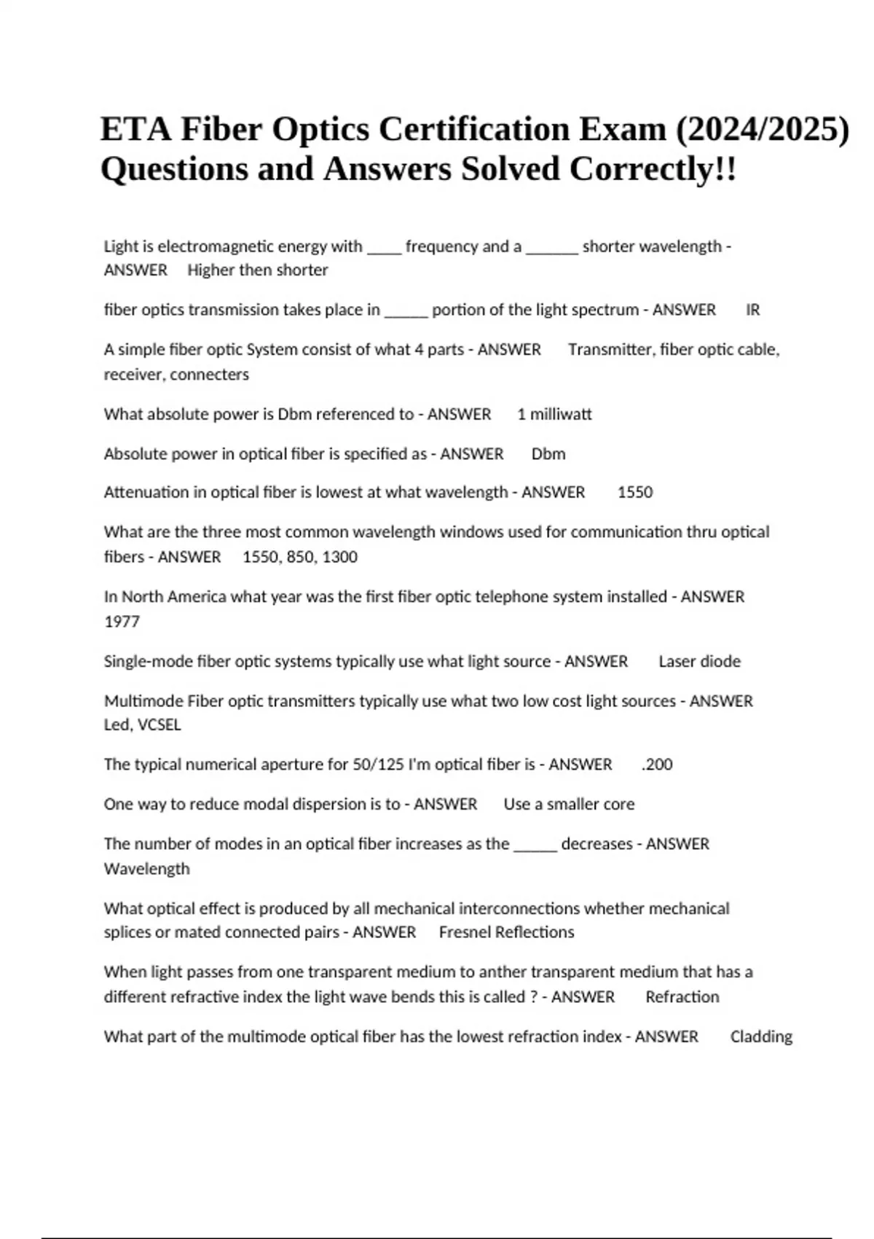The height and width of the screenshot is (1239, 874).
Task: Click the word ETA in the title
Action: click(135, 130)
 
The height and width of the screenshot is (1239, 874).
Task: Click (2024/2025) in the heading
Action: click(763, 130)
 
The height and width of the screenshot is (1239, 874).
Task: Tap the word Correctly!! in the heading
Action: click(653, 170)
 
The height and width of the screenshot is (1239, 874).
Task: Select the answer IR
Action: click(753, 310)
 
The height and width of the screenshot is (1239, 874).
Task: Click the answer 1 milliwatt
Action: click(554, 414)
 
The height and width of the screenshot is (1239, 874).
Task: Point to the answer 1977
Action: click(122, 622)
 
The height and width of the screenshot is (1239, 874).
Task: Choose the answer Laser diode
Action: click(699, 662)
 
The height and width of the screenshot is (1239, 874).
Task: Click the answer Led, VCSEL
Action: click(142, 725)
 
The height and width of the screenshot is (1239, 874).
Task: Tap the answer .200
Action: click(657, 765)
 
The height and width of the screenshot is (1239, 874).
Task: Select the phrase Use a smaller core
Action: click(569, 805)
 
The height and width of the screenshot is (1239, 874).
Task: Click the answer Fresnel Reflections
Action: click(506, 932)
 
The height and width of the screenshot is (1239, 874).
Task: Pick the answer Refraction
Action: click(682, 997)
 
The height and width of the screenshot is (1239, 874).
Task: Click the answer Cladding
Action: click(761, 1037)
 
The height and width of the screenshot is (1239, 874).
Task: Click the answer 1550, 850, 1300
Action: click(300, 558)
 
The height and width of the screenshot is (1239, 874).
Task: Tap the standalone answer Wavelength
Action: click(146, 869)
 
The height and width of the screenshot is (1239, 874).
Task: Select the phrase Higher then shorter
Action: click(258, 270)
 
